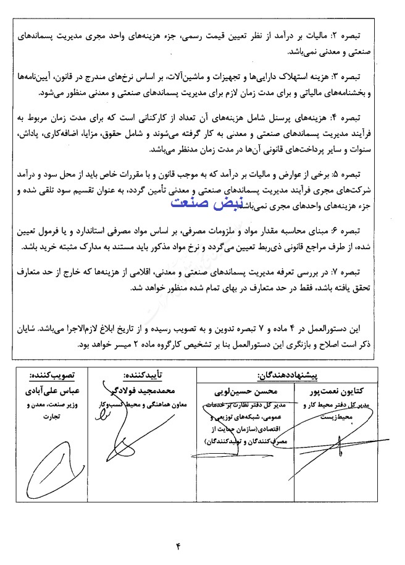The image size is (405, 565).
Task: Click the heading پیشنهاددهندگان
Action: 286,375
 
